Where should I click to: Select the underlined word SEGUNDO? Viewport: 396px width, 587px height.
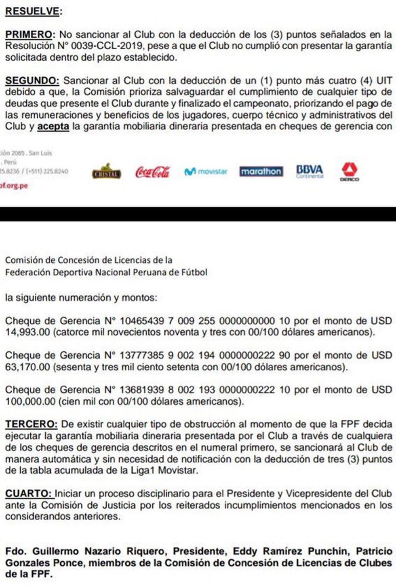[32, 81]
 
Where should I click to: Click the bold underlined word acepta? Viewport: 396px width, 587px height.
[53, 126]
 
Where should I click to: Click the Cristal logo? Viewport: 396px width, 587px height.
[106, 172]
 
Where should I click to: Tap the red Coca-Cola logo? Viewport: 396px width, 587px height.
[152, 172]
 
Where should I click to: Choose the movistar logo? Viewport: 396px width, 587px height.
[206, 172]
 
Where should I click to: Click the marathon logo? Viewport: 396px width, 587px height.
[261, 172]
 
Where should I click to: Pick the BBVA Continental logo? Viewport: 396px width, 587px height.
[310, 171]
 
